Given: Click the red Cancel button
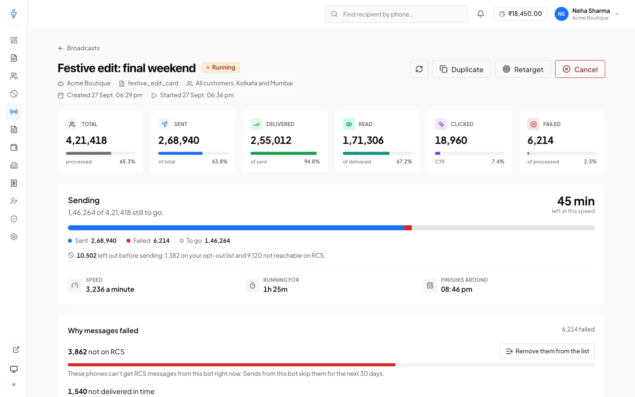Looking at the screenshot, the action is pos(580,69).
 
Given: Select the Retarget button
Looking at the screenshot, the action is pos(523,69).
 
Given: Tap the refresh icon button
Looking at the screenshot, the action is pos(419,69).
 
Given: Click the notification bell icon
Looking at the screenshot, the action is pos(481,14).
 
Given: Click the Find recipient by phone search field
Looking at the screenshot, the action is pos(396,14).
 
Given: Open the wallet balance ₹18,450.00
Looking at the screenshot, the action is pos(521,14).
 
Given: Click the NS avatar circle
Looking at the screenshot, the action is pos(561,14).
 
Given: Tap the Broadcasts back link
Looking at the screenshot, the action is pos(79,48).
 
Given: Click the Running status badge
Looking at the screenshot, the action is pos(221,67).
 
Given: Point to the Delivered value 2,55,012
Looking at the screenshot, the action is pos(271,140).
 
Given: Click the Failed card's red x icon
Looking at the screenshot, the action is pos(533,124).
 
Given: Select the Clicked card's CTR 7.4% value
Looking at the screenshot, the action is pos(498,161).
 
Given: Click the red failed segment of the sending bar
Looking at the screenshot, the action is pos(408,228).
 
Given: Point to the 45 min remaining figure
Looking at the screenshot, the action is pos(576,201).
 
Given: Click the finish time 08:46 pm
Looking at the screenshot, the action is pos(456,289).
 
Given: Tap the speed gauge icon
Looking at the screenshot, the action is pos(75,285).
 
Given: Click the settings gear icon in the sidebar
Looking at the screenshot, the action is pos(14,237).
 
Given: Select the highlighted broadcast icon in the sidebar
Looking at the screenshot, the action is pos(14,111).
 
